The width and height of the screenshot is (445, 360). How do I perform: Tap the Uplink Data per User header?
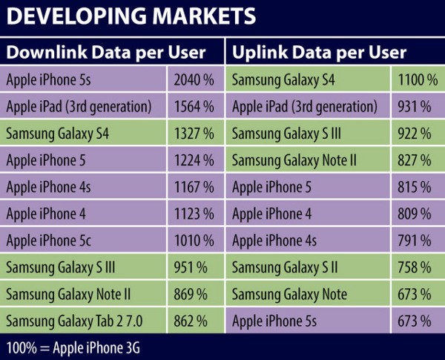click(319, 53)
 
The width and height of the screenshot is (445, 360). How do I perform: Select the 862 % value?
click(195, 321)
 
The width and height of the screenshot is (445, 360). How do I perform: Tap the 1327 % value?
click(195, 134)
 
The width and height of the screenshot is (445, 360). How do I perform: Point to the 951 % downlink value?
click(195, 268)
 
